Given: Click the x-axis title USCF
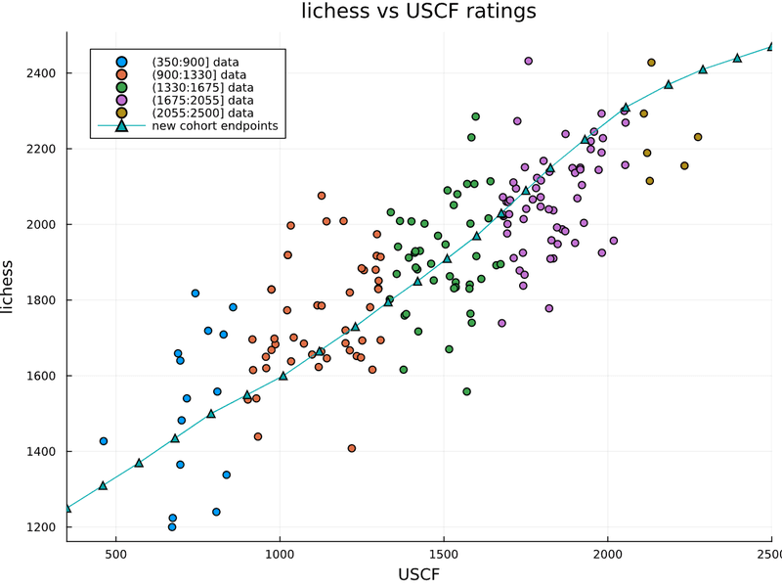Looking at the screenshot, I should [419, 574].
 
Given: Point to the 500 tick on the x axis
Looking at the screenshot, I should [116, 554].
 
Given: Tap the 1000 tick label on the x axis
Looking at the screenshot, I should [280, 554].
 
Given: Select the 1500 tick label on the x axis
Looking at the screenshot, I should [444, 554].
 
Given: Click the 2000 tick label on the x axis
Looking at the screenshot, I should [608, 554].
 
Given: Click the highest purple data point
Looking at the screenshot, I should [529, 61].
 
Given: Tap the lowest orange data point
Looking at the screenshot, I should [352, 448].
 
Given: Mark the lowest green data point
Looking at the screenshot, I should [467, 391].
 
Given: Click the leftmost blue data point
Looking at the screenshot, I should [104, 441].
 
